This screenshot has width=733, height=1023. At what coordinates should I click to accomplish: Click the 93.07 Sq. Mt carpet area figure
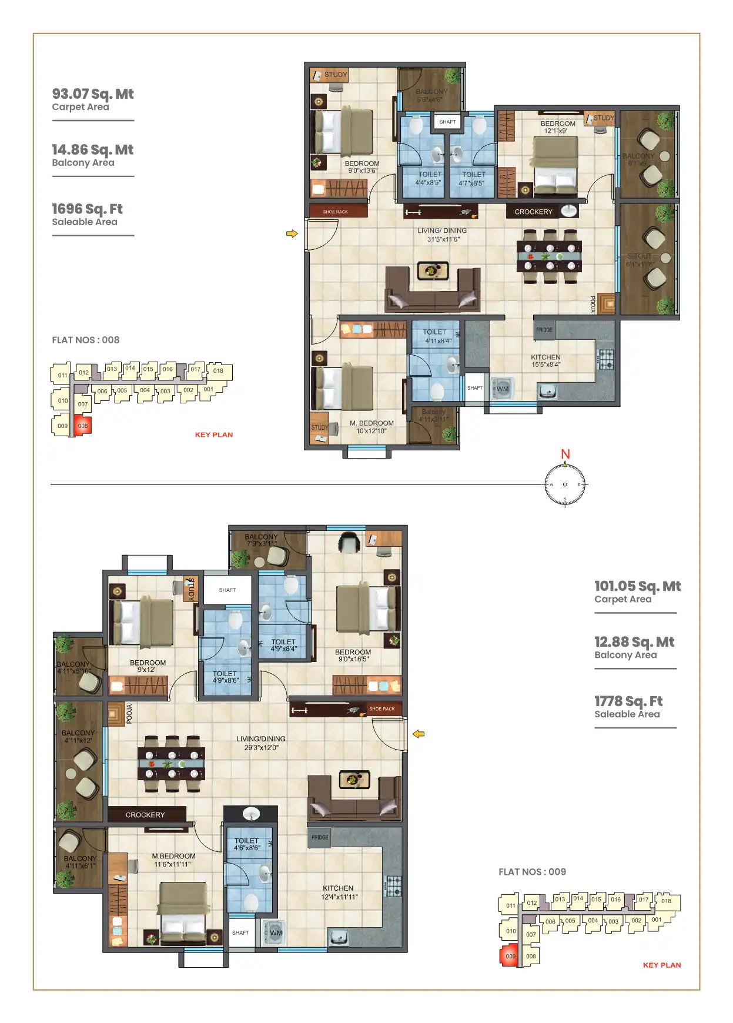pyautogui.click(x=92, y=94)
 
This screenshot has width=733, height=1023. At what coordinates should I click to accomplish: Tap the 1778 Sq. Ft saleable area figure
pyautogui.click(x=628, y=701)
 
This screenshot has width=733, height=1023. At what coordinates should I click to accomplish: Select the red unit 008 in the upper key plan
pyautogui.click(x=83, y=426)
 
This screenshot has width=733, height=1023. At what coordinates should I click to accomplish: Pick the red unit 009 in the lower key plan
pyautogui.click(x=510, y=957)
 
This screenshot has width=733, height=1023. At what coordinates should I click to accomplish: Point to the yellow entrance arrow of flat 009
pyautogui.click(x=419, y=734)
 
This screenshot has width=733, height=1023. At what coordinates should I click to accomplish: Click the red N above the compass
pyautogui.click(x=565, y=454)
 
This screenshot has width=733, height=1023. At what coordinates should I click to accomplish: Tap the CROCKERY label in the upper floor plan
pyautogui.click(x=533, y=212)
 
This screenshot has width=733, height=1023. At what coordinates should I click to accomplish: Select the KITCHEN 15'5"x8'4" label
pyautogui.click(x=545, y=361)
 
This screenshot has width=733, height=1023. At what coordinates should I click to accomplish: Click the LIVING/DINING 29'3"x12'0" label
pyautogui.click(x=261, y=743)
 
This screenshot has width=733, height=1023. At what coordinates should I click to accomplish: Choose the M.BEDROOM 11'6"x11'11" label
pyautogui.click(x=173, y=860)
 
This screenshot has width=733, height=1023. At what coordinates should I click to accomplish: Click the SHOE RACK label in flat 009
pyautogui.click(x=382, y=709)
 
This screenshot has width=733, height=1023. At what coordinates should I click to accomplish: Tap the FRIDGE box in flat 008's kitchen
pyautogui.click(x=544, y=330)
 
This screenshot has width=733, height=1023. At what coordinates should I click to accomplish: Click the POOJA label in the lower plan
pyautogui.click(x=129, y=713)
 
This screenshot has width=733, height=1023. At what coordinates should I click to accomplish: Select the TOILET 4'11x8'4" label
pyautogui.click(x=437, y=336)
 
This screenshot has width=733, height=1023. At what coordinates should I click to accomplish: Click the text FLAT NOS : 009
pyautogui.click(x=532, y=872)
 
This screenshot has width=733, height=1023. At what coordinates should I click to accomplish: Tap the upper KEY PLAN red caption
pyautogui.click(x=214, y=435)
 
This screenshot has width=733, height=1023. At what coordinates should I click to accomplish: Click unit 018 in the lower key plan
pyautogui.click(x=666, y=901)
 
